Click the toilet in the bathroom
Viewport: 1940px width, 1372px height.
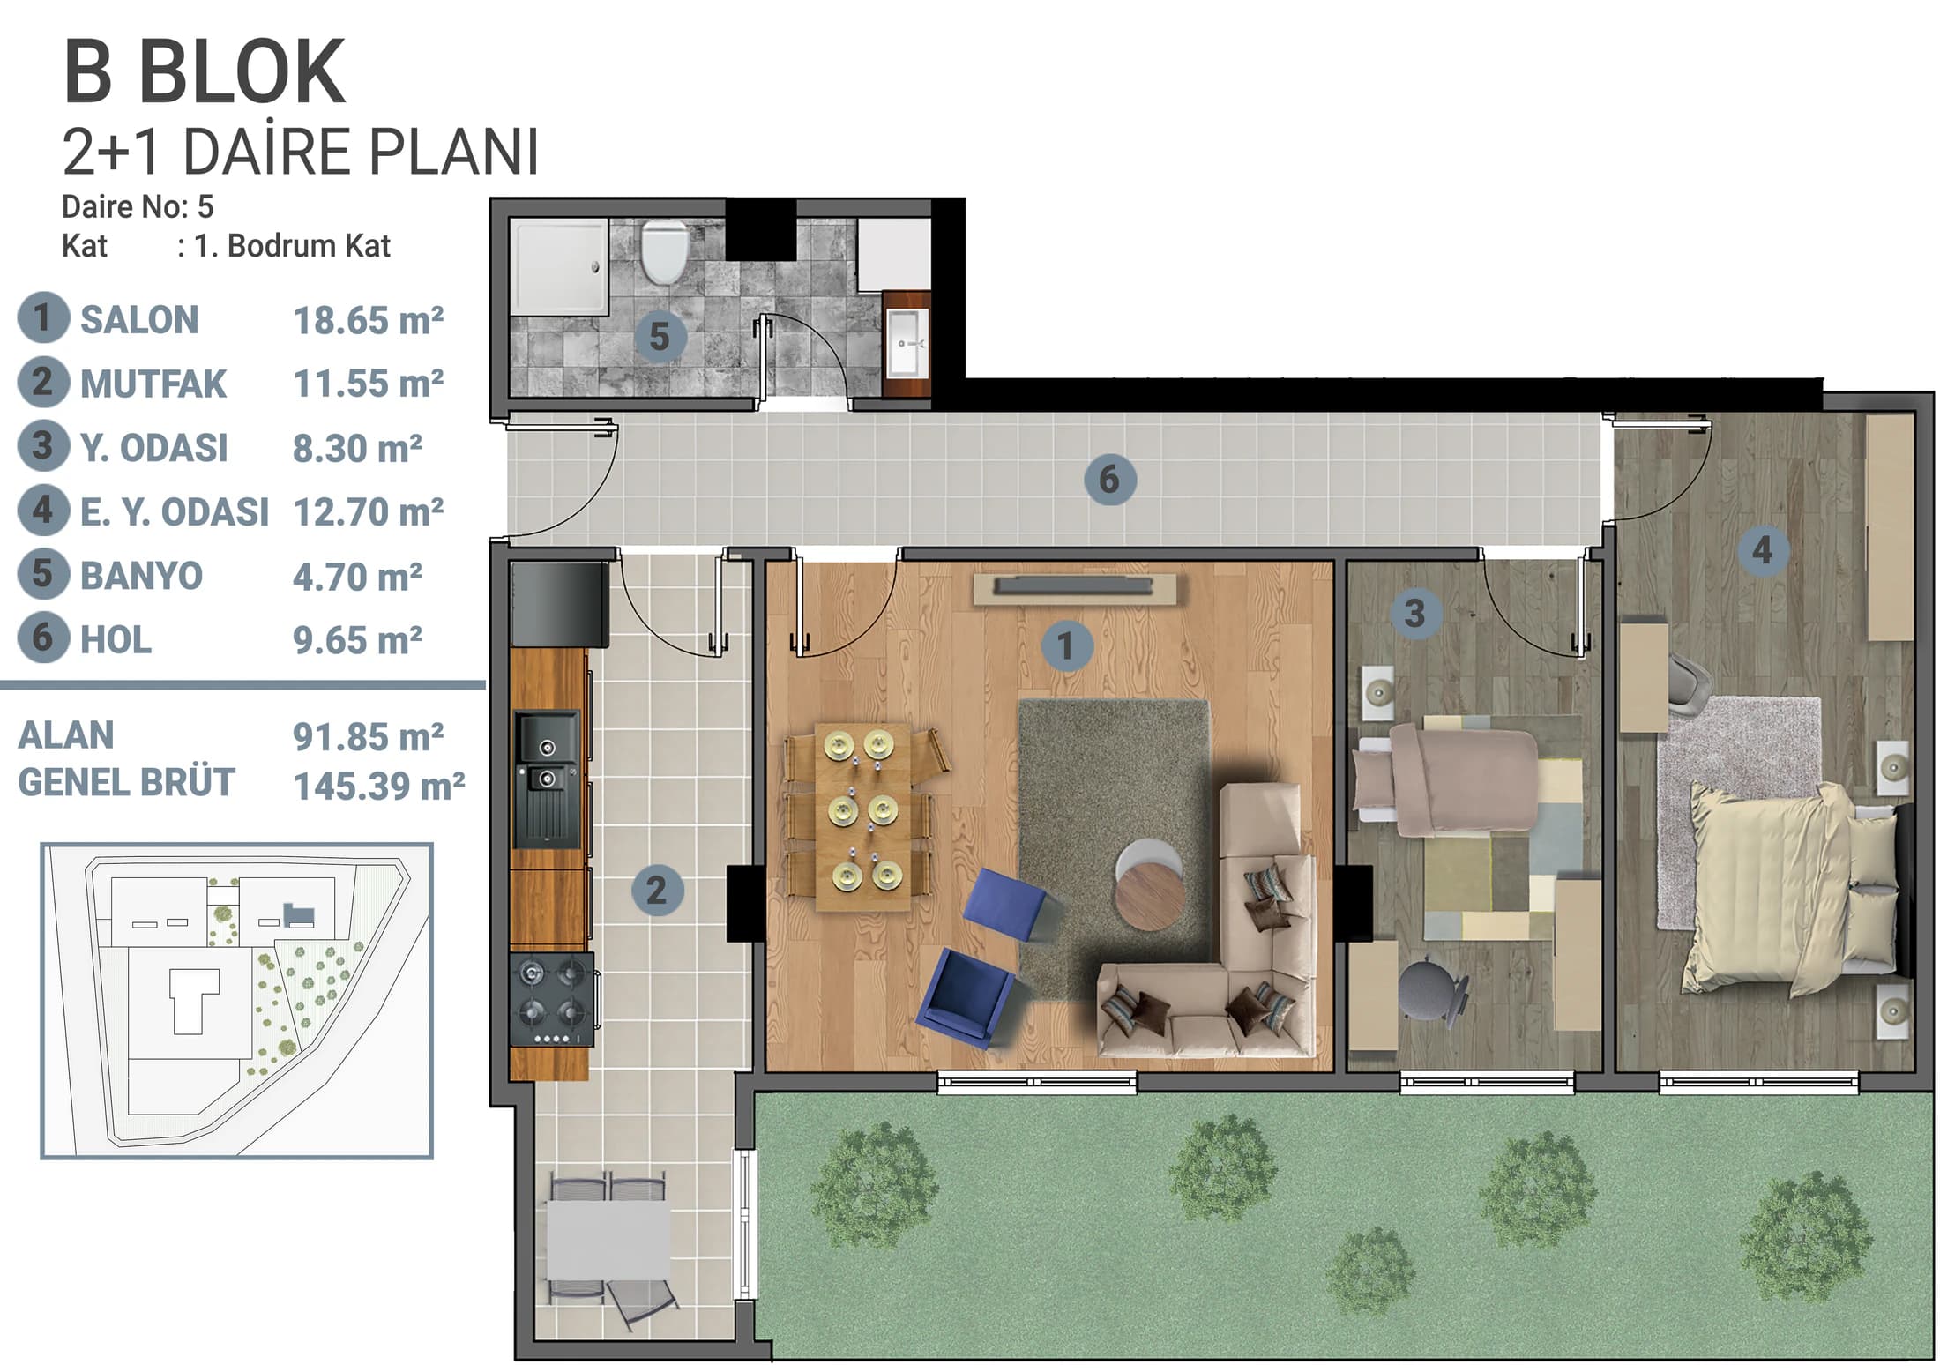click(x=663, y=252)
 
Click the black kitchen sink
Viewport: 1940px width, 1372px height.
click(x=547, y=779)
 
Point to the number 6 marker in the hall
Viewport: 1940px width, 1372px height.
click(x=1108, y=480)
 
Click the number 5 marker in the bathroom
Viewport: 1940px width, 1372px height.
click(x=659, y=337)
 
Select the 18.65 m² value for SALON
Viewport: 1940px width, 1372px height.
click(x=368, y=321)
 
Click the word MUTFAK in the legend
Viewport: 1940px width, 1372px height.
click(x=153, y=384)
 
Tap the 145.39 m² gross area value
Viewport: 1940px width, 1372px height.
click(x=379, y=786)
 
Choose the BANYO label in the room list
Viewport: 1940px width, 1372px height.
click(x=141, y=576)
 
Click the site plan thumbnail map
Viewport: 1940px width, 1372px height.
click(x=236, y=1001)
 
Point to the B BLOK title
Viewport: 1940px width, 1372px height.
click(x=204, y=72)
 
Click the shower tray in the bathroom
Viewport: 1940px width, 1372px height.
click(x=559, y=267)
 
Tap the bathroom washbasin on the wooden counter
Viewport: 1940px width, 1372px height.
click(x=908, y=342)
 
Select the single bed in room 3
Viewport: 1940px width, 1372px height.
click(x=1446, y=778)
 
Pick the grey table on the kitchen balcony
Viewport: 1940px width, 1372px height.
click(x=608, y=1240)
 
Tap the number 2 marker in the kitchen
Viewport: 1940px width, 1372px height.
click(x=656, y=890)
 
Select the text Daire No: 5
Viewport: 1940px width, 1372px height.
click(x=138, y=207)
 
